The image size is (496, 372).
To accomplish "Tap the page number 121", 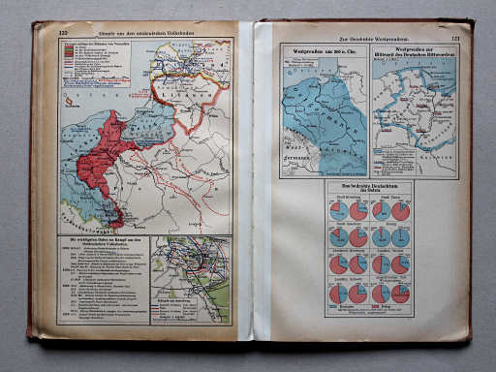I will (454, 38).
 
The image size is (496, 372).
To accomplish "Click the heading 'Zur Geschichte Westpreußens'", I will (367, 35).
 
